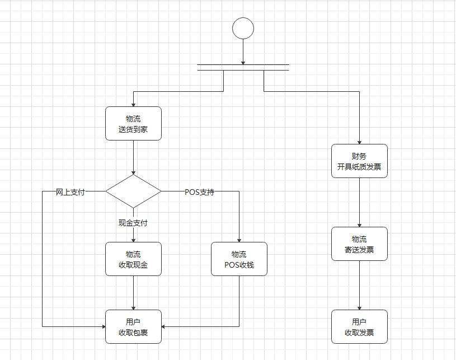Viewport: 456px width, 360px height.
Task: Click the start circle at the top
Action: pyautogui.click(x=243, y=28)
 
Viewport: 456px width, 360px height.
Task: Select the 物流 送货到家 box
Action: pyautogui.click(x=133, y=124)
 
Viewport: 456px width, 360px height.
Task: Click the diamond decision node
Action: pyautogui.click(x=133, y=191)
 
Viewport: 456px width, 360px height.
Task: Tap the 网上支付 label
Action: pyautogui.click(x=70, y=192)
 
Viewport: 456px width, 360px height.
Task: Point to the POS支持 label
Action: pyautogui.click(x=199, y=192)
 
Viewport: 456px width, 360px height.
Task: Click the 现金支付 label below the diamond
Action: pyautogui.click(x=133, y=223)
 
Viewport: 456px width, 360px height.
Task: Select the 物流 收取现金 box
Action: pyautogui.click(x=133, y=259)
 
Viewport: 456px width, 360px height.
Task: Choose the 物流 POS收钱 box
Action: pyautogui.click(x=239, y=259)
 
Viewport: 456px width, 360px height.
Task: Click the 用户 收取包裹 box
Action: pyautogui.click(x=133, y=326)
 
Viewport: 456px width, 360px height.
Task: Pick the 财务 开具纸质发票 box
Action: pyautogui.click(x=359, y=161)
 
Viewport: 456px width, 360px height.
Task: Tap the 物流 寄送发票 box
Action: pyautogui.click(x=359, y=244)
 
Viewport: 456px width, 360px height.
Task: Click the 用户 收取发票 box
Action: pyautogui.click(x=359, y=326)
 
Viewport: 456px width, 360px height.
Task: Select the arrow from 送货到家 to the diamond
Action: pyautogui.click(x=133, y=157)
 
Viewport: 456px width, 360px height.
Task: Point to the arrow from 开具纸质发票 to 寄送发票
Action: pyautogui.click(x=359, y=202)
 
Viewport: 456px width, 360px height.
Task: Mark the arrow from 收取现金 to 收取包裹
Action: pyautogui.click(x=133, y=292)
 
